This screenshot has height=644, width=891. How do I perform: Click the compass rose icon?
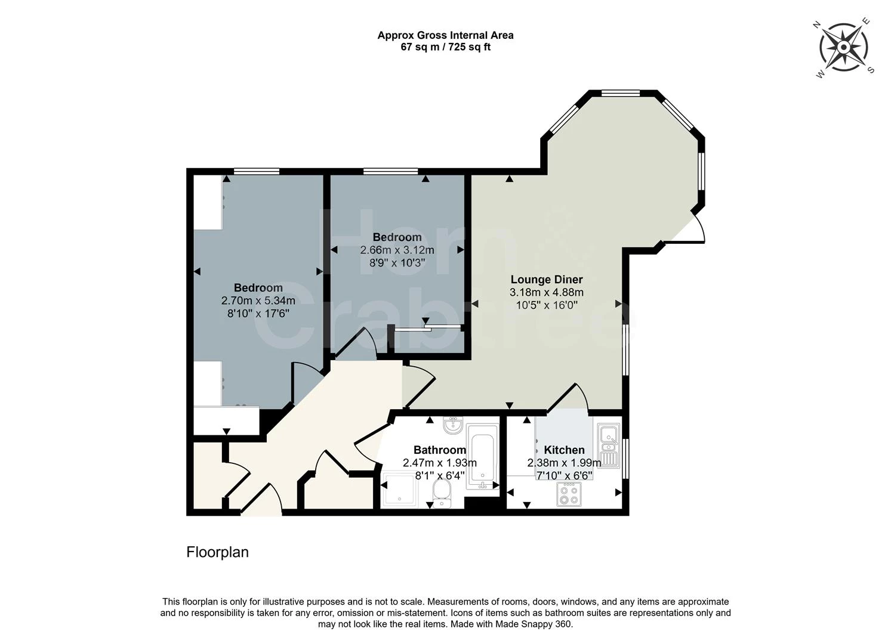[x=844, y=47]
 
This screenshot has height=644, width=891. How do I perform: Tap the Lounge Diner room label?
[x=546, y=280]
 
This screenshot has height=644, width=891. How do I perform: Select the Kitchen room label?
[x=564, y=450]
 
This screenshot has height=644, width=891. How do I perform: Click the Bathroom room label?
[x=439, y=450]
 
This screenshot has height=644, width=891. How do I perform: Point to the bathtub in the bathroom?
[x=482, y=457]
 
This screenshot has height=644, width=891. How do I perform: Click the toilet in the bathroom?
[x=441, y=494]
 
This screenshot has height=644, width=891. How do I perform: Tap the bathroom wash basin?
[x=453, y=425]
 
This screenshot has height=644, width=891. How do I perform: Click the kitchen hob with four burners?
[x=568, y=494]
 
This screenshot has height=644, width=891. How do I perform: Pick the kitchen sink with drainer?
[x=609, y=446]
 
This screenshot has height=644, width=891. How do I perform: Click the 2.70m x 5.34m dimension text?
[x=258, y=301]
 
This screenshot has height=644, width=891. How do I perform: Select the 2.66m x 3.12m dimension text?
[x=397, y=250]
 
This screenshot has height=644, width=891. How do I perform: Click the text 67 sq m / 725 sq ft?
[x=445, y=47]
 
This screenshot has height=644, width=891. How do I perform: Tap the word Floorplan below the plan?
[x=217, y=552]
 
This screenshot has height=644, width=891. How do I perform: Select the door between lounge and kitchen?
[x=567, y=398]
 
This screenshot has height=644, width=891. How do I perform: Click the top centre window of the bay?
[x=620, y=93]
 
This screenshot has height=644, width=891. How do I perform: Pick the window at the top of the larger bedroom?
[x=256, y=172]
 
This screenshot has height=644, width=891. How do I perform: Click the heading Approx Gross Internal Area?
[x=445, y=35]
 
